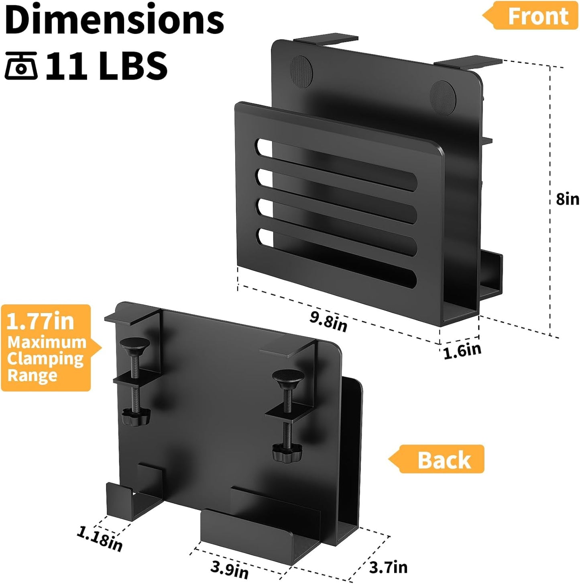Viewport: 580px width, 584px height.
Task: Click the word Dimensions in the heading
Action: pyautogui.click(x=114, y=20)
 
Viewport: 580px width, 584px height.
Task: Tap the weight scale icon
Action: pyautogui.click(x=21, y=66)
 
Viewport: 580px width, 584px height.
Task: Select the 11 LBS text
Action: pyautogui.click(x=107, y=66)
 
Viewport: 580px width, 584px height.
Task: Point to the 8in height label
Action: pyautogui.click(x=567, y=199)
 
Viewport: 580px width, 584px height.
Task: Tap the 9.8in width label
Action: pyautogui.click(x=328, y=321)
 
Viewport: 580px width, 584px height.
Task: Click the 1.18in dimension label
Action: pyautogui.click(x=100, y=539)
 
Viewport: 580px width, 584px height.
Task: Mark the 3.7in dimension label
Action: pyautogui.click(x=388, y=567)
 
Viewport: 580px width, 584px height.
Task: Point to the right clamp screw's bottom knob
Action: pyautogui.click(x=286, y=453)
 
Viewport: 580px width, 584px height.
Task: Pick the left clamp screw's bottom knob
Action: pyautogui.click(x=136, y=417)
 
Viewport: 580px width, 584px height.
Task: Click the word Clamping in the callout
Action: pyautogui.click(x=45, y=359)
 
